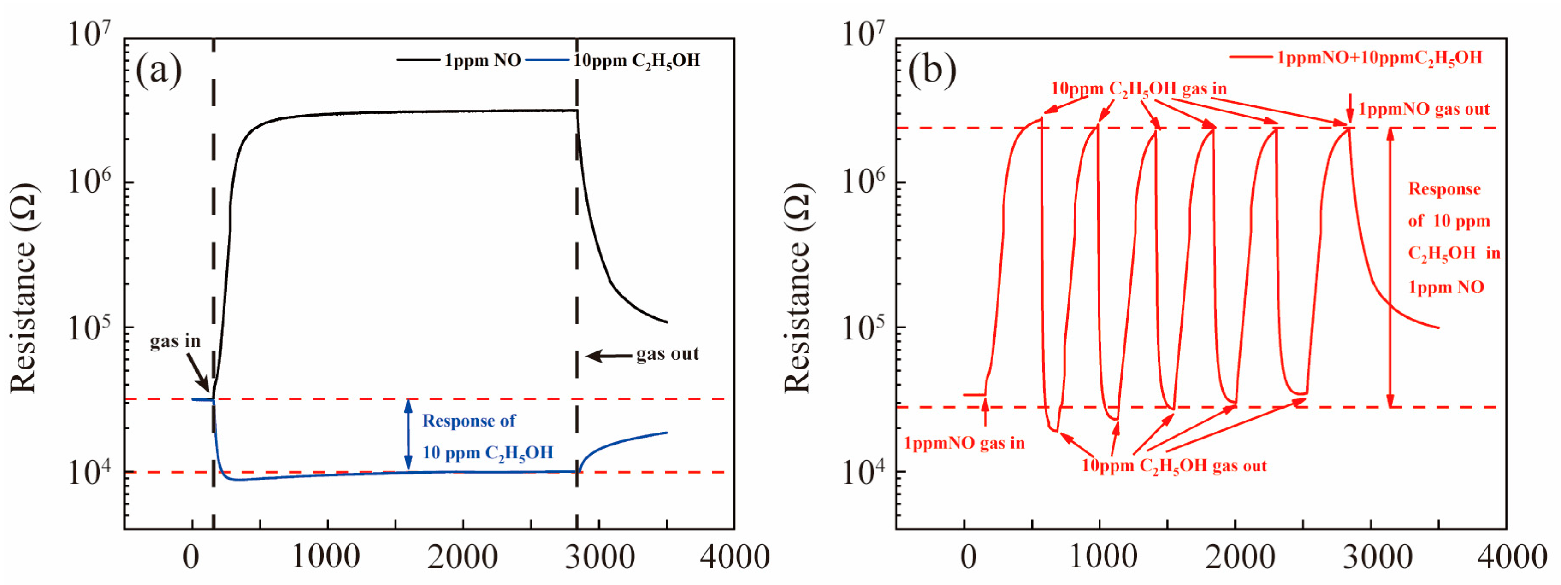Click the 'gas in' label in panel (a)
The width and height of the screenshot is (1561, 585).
(175, 341)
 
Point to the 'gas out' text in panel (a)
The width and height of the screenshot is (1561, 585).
(667, 354)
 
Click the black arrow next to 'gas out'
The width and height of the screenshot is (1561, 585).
(609, 356)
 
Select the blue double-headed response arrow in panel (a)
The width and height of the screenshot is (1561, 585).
(408, 435)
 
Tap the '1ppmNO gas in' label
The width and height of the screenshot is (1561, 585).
(964, 443)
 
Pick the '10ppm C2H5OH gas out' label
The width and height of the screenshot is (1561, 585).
(1174, 466)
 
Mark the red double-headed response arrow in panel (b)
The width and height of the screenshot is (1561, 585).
(1390, 266)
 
